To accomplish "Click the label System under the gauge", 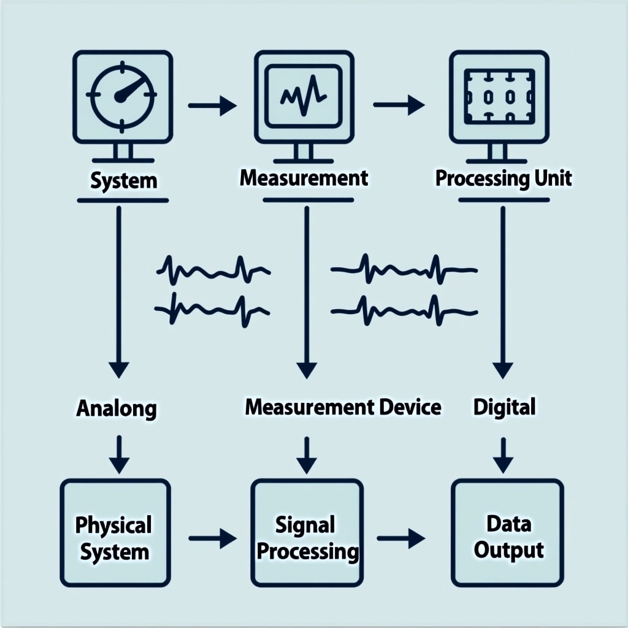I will point(123,181).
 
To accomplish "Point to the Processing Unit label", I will point(503,178).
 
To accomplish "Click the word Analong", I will point(116,408).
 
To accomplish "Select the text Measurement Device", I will point(343,407).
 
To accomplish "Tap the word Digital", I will point(505,406).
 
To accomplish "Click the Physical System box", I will point(115,532).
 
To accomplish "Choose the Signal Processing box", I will point(307,532).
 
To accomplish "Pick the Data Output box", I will point(508,532).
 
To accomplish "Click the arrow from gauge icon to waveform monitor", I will point(212,106).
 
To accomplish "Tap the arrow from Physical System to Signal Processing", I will point(212,539).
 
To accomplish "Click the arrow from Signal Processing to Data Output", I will point(400,539).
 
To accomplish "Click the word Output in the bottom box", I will point(508,549).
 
